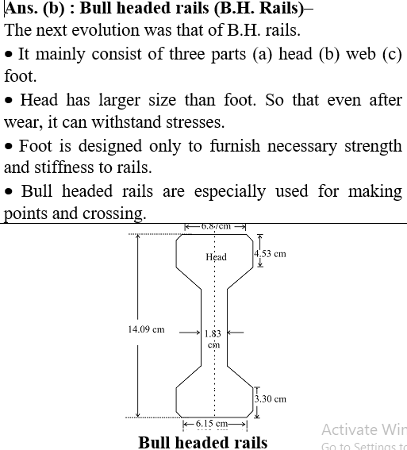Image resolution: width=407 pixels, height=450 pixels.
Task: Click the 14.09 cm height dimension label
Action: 146,329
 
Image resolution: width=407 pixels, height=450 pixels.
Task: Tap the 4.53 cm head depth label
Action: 270,254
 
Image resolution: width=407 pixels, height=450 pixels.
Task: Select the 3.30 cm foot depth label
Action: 271,399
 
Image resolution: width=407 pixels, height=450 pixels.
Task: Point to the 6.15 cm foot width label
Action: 212,424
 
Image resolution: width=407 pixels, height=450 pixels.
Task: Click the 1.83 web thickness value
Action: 213,334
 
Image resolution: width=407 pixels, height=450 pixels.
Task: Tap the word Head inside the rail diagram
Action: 217,257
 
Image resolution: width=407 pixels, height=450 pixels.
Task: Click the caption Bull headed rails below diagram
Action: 203,442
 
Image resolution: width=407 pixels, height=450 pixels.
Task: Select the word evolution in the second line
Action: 106,30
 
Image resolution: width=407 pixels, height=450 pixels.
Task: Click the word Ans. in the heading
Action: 21,8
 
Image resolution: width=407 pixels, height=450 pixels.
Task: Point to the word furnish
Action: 235,145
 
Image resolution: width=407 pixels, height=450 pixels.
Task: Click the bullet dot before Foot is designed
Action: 9,146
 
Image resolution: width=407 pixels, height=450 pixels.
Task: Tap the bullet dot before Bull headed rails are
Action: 9,191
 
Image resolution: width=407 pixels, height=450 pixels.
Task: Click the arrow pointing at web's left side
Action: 190,333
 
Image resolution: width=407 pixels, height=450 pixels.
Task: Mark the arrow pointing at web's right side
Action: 236,333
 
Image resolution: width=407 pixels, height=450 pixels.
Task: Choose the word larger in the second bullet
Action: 119,101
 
